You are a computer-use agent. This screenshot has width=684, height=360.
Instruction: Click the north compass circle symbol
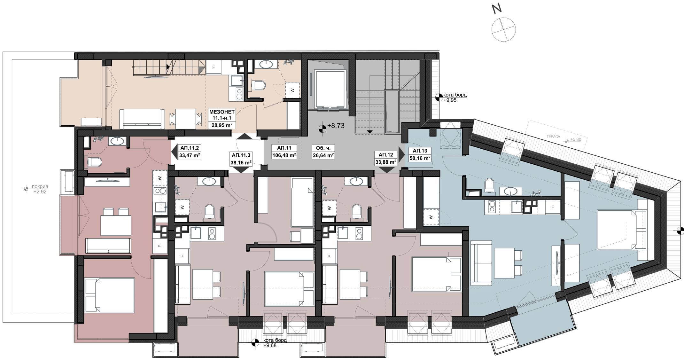[503, 29]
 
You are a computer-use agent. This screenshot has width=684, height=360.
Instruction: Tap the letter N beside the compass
[496, 9]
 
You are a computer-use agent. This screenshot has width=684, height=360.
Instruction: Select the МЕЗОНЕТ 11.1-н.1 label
[222, 118]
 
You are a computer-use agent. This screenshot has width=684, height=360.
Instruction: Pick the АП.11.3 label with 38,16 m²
[241, 159]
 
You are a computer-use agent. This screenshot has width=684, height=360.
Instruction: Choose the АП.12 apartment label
[386, 158]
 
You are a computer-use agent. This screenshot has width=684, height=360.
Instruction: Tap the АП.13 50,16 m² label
[420, 154]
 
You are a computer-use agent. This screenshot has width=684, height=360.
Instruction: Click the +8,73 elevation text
[336, 126]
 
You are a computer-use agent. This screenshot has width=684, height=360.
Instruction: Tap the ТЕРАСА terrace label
[553, 137]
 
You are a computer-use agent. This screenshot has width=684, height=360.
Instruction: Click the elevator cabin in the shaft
[330, 89]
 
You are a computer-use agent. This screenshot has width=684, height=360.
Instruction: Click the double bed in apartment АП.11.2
[110, 295]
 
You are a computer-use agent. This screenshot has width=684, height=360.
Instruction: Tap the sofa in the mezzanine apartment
[142, 119]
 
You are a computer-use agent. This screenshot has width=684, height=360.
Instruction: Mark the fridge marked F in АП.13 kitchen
[552, 207]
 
